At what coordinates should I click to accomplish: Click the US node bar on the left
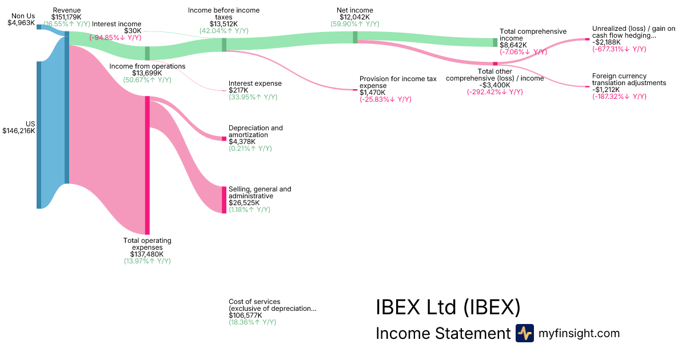[39, 135]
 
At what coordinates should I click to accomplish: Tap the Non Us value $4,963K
[21, 23]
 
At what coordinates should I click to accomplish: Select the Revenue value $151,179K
[66, 17]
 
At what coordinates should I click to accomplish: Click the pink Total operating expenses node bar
[147, 165]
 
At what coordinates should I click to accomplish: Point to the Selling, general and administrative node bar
[224, 199]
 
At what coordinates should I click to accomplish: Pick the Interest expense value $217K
[238, 90]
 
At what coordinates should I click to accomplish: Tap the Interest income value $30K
[133, 31]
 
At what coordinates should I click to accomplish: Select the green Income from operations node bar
[147, 53]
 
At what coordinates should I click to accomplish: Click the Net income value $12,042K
[354, 17]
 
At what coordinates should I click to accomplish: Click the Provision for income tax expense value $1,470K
[372, 93]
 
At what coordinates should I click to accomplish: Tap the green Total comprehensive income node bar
[495, 42]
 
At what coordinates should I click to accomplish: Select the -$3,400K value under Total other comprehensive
[494, 85]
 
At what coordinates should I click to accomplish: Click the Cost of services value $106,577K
[245, 315]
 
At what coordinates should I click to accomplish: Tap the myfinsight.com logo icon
[524, 333]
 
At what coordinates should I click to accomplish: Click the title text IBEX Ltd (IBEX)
[448, 307]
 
